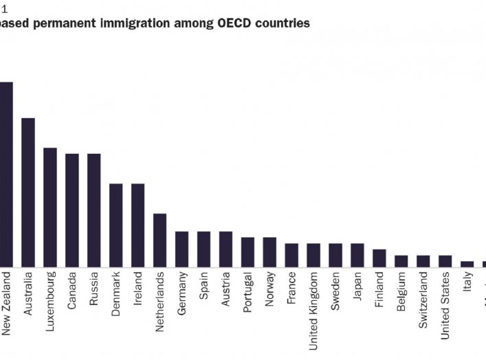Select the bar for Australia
tap(28, 192)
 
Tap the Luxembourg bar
tap(50, 207)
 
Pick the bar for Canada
tap(72, 210)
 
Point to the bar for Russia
tap(94, 210)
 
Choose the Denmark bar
tap(116, 225)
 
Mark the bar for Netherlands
tap(159, 240)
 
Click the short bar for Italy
tap(467, 263)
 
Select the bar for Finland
tap(379, 258)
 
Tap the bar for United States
tap(445, 260)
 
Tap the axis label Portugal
tap(247, 292)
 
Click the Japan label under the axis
tap(357, 286)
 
